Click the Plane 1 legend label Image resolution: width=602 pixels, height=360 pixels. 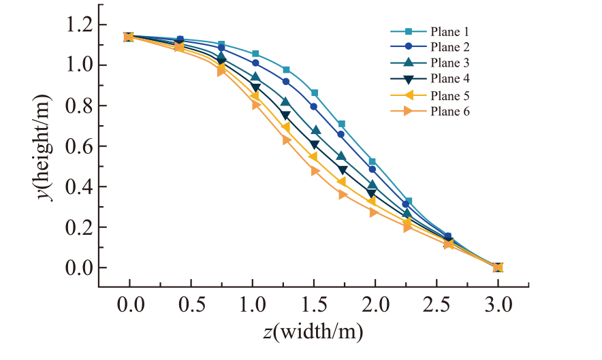(449, 31)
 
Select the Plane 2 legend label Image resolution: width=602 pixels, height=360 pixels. (449, 47)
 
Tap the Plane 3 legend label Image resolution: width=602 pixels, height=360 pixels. (449, 63)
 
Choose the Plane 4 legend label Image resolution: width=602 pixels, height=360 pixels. (449, 78)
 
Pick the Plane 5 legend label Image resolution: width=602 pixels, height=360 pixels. (449, 95)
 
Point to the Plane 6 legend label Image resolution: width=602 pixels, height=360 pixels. (449, 112)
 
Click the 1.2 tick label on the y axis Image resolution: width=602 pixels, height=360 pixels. (80, 25)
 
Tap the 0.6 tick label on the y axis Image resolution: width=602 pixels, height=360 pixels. (80, 146)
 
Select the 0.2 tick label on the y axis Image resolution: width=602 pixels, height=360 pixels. (80, 227)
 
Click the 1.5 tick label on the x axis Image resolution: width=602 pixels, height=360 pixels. (314, 305)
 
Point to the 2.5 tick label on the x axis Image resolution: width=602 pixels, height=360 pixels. (437, 305)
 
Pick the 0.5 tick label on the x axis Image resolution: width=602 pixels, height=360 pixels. (191, 305)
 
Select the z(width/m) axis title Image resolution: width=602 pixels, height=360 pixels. (313, 331)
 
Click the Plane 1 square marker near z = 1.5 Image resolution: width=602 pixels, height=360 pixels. (315, 93)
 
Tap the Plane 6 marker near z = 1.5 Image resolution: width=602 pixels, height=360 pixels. (315, 171)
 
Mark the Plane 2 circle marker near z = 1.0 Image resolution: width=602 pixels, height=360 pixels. (255, 63)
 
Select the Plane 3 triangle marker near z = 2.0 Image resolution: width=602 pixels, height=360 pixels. (373, 185)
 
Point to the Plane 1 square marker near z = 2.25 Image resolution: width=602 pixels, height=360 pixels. (409, 201)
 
